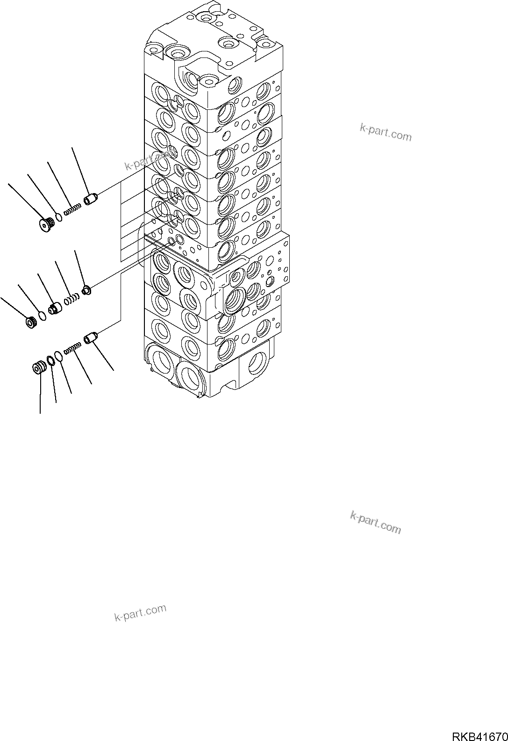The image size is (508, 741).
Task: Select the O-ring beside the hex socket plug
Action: (x=58, y=216)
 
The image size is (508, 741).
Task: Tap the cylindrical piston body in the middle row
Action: (x=55, y=309)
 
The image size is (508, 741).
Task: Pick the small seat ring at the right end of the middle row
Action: (x=86, y=291)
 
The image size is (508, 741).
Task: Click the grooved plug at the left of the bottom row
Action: (x=37, y=368)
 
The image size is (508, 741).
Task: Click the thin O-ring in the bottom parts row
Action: (x=58, y=356)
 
